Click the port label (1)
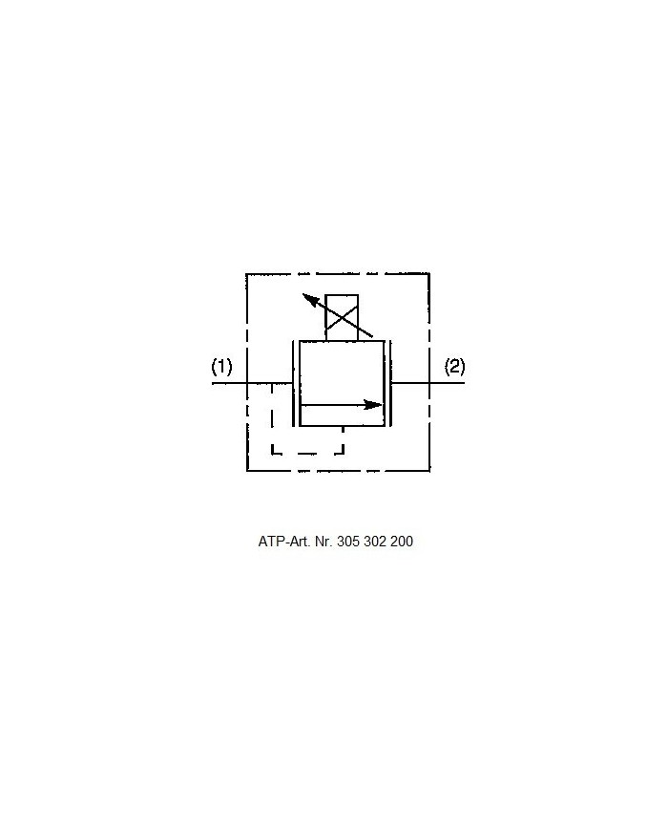221,367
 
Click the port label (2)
454,367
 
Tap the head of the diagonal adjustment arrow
310,300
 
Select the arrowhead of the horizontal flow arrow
373,406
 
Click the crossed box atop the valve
343,318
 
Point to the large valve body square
342,383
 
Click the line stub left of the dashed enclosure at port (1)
229,383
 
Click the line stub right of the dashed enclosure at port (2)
448,383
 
